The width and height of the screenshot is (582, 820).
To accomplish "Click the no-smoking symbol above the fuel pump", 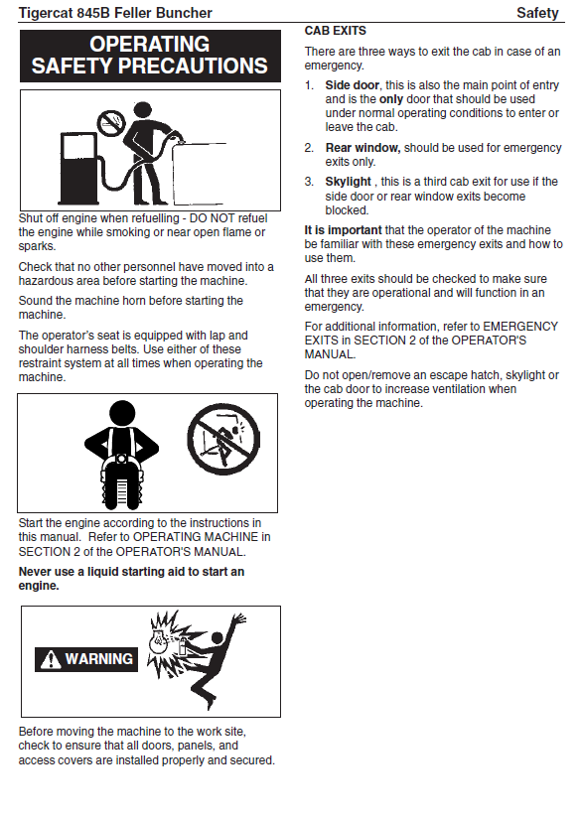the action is [111, 123].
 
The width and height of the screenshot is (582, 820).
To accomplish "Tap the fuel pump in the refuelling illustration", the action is [78, 169].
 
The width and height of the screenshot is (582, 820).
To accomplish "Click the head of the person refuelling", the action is [142, 109].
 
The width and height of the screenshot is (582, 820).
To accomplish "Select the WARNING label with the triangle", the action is [86, 659].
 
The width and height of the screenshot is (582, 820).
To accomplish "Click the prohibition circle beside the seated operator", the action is [223, 439].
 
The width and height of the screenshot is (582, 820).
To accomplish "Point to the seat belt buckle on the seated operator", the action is [121, 459].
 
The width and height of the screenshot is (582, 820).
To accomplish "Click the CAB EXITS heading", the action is [336, 31].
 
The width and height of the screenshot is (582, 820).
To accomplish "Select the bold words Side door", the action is [353, 85].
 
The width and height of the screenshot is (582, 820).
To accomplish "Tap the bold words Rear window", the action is [363, 148].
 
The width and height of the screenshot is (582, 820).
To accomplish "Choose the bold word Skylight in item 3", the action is [348, 182].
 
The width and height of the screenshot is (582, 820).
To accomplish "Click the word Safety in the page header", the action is [537, 13].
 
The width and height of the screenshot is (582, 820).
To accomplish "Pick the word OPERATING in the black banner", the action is [150, 45].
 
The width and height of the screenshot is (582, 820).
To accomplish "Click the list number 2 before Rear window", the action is [309, 148].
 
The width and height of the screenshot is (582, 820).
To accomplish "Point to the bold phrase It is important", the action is [344, 230].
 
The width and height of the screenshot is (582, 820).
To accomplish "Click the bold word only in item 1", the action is [391, 99].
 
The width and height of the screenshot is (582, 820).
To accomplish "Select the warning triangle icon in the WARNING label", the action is [51, 659].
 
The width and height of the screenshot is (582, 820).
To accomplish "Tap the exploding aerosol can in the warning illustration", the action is [181, 645].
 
